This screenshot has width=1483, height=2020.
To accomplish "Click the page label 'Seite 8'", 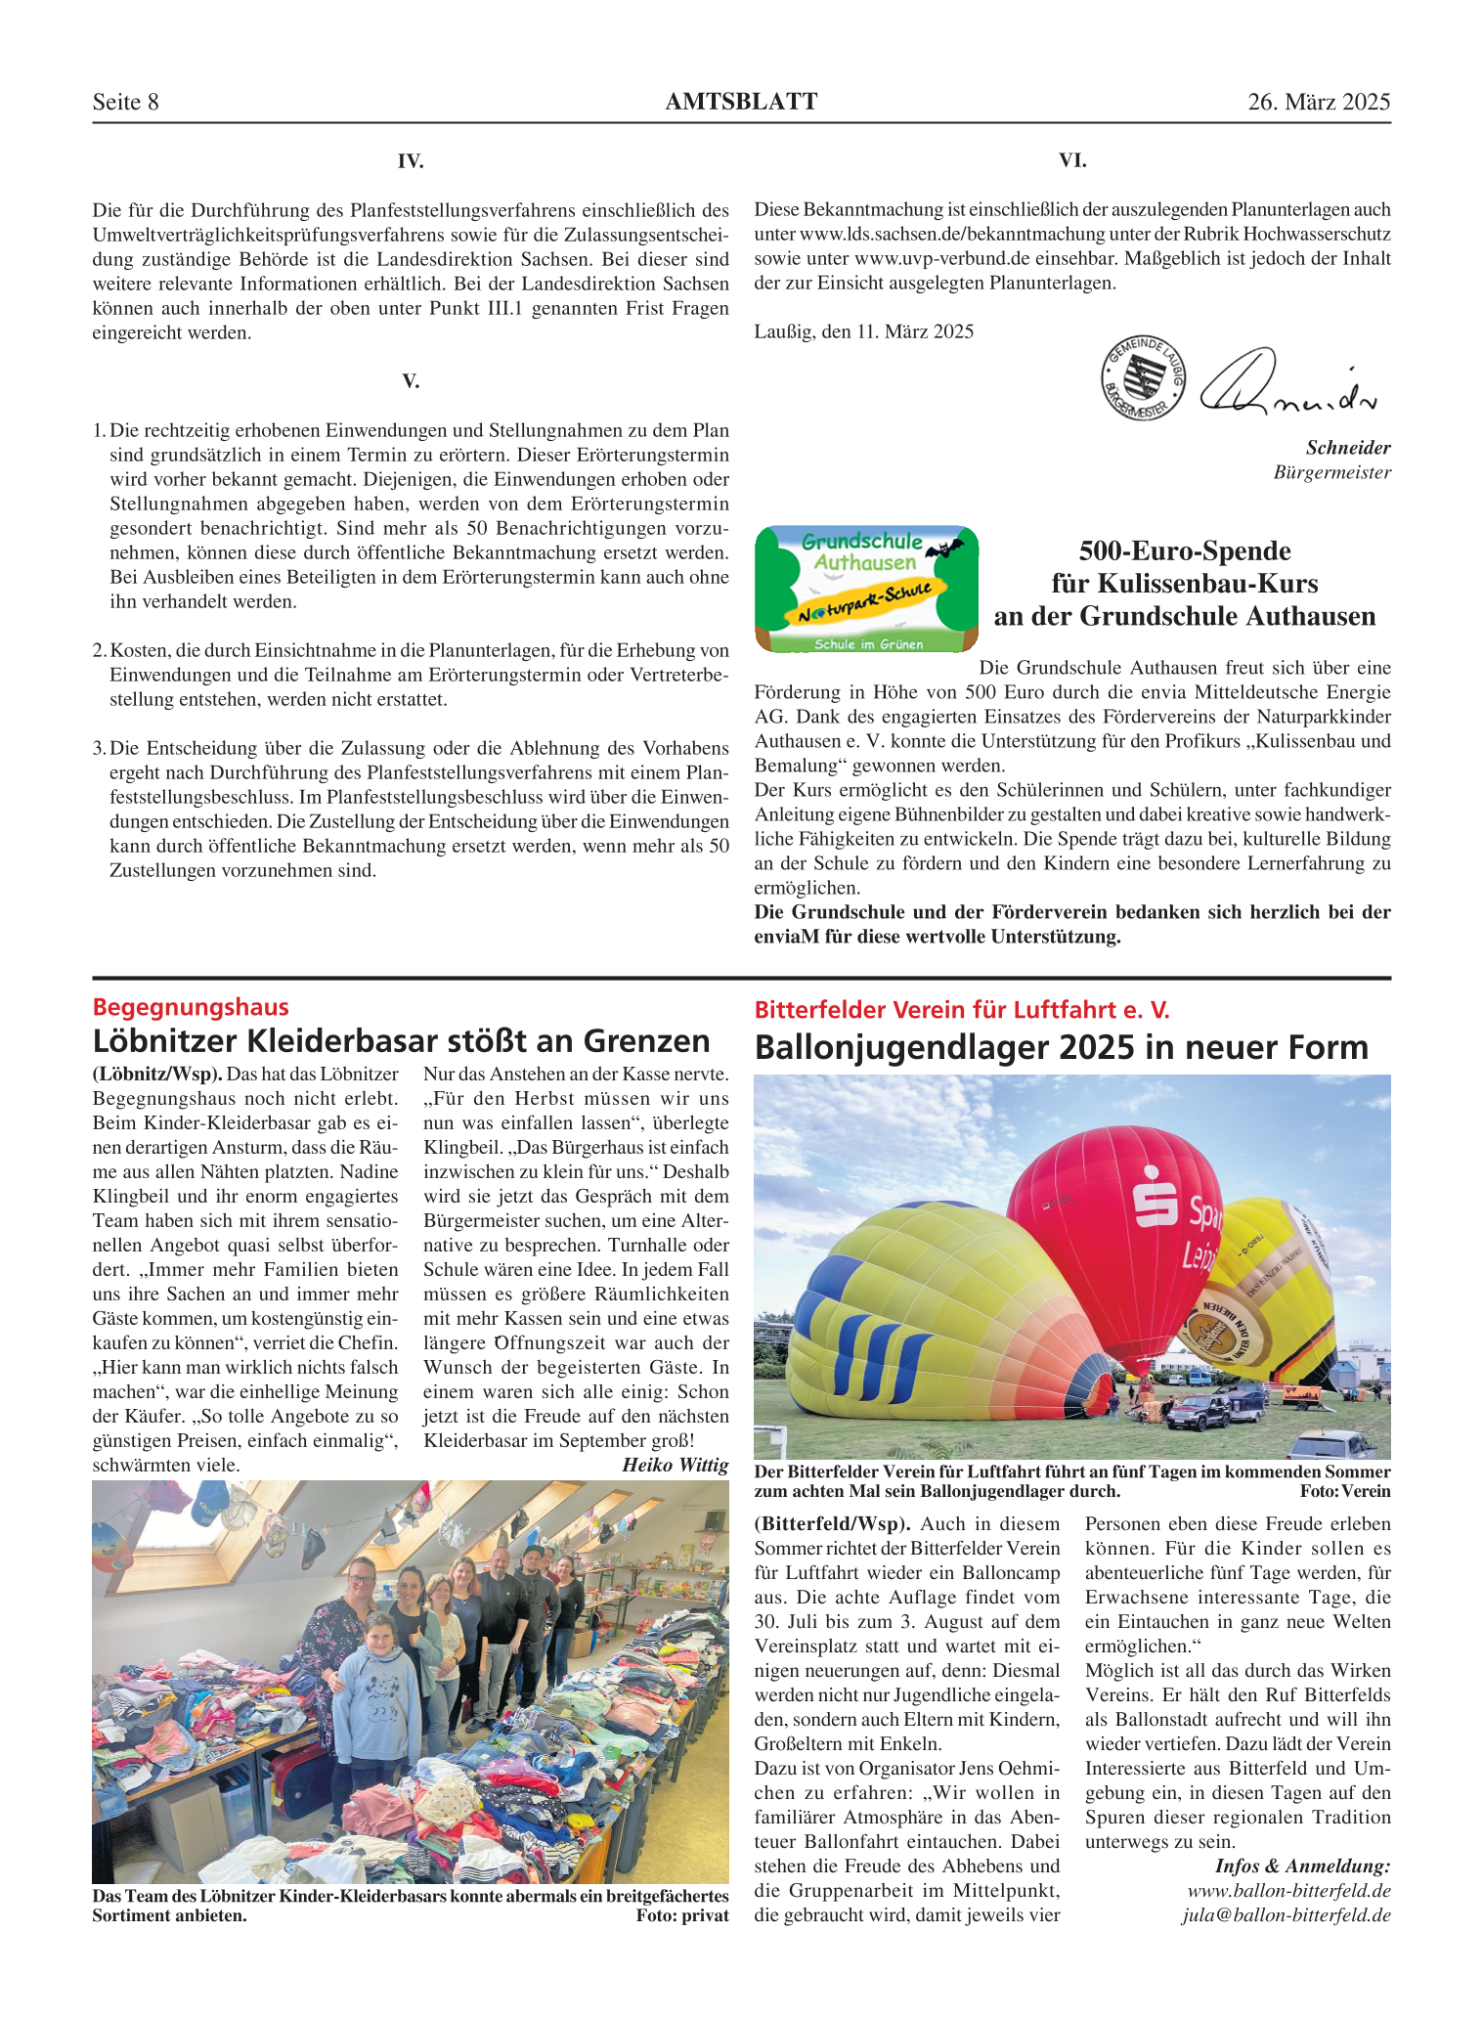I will point(125,102).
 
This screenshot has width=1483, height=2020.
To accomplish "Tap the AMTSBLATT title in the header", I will point(741,102).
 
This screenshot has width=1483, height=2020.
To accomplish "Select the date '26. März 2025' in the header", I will point(1318,102).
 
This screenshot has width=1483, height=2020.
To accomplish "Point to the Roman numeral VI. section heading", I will point(1072,160).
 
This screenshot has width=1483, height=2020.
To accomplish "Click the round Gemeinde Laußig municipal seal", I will point(1143,377).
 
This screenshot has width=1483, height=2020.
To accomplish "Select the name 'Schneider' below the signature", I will point(1348,448).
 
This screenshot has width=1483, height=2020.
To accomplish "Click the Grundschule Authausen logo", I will point(866,589).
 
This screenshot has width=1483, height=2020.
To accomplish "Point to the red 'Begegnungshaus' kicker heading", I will point(191,1007).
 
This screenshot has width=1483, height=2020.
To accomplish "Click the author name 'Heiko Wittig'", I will point(675,1465).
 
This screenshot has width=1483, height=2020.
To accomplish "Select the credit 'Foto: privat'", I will point(681,1915).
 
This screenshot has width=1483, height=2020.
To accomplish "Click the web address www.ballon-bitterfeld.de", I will point(1288,1890).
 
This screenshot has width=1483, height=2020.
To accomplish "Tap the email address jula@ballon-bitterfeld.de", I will point(1286,1914).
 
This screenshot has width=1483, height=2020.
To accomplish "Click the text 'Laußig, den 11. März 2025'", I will point(863,331).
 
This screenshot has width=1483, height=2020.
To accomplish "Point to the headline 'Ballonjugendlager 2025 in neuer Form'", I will point(1061,1047).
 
